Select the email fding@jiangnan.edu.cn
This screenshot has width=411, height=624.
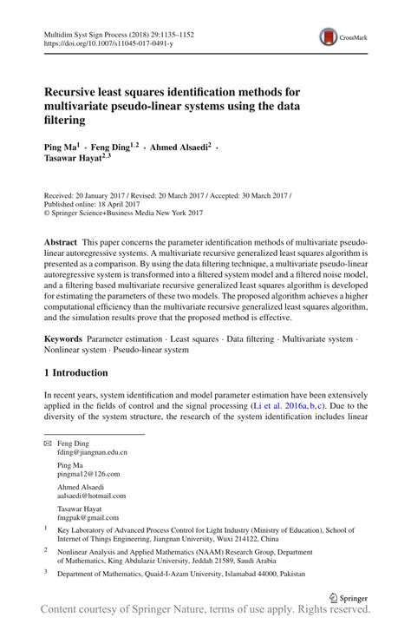tap(92, 452)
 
